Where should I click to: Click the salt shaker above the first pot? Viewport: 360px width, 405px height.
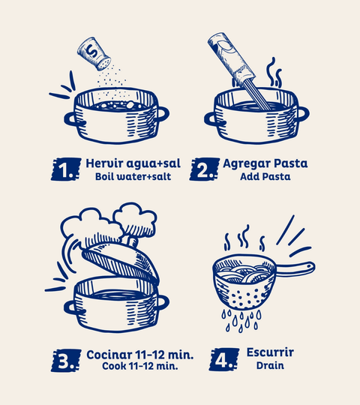click(x=94, y=54)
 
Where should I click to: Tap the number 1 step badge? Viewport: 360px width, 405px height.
click(x=66, y=169)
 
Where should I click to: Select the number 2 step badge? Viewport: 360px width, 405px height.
click(x=205, y=169)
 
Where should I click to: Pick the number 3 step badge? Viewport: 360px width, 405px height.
click(x=66, y=360)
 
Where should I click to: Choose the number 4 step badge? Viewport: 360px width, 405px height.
click(x=224, y=359)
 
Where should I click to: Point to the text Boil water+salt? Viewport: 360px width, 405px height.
click(x=133, y=177)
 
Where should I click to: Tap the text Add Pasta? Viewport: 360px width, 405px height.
click(x=265, y=177)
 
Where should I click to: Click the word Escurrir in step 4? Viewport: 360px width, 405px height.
click(x=270, y=352)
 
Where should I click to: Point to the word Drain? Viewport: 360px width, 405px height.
click(x=270, y=365)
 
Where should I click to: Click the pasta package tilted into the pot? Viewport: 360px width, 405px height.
click(x=232, y=59)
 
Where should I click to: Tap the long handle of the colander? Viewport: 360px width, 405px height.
click(x=295, y=268)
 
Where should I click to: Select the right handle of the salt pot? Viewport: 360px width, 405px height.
click(x=163, y=114)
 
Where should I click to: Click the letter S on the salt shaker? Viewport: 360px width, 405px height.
click(x=92, y=51)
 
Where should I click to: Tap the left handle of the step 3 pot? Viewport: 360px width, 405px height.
click(x=71, y=307)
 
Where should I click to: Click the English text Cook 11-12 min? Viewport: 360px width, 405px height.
click(x=140, y=366)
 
